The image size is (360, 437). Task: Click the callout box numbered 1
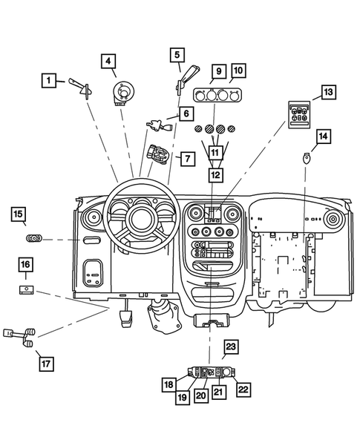(49, 79)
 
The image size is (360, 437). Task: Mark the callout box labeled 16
(25, 265)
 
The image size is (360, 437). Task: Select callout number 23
(230, 347)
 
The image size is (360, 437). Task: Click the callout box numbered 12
(215, 175)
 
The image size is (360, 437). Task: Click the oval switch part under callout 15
(34, 239)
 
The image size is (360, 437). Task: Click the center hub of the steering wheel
(138, 220)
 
